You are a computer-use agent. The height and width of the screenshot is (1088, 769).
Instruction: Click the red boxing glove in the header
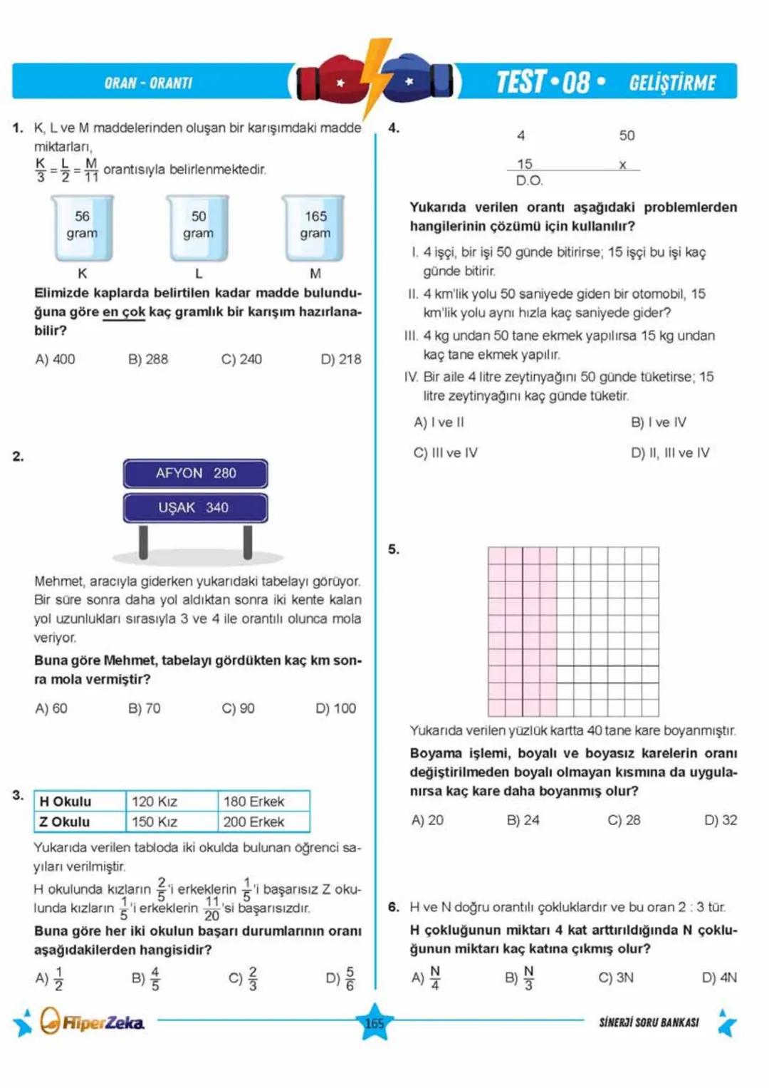[x=330, y=81]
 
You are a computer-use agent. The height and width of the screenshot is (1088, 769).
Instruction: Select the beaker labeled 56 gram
[x=82, y=227]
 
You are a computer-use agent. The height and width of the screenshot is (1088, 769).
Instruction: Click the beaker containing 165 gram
[x=315, y=227]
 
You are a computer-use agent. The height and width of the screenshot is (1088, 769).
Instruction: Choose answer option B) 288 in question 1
[x=148, y=359]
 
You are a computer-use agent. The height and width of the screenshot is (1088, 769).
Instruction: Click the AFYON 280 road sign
[x=196, y=473]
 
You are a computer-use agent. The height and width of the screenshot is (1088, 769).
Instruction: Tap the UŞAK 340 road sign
[x=196, y=507]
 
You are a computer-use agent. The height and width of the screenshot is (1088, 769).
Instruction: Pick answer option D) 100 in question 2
[x=335, y=708]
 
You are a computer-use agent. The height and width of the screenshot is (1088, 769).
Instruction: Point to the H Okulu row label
[x=66, y=802]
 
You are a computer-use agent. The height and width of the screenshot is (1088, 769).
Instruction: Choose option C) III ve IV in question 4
[x=446, y=452]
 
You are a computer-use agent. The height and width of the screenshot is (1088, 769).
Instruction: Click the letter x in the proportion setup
[x=622, y=165]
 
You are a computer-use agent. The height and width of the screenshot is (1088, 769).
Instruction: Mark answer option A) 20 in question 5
[x=427, y=820]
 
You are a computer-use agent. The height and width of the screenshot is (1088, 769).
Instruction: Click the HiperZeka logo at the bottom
[x=93, y=1022]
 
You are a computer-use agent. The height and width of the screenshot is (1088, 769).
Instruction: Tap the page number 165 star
[x=375, y=1023]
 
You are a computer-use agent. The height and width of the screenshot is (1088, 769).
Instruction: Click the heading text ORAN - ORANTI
[x=148, y=83]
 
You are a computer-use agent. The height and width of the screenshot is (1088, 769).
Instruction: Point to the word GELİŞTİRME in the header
[x=672, y=83]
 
